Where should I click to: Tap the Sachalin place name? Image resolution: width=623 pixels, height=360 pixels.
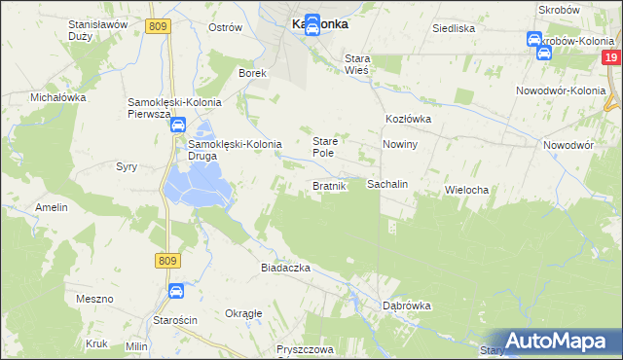pyautogui.click(x=386, y=184)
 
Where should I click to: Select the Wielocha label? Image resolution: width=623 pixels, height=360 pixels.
pyautogui.click(x=465, y=190)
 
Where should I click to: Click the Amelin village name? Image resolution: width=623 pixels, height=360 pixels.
pyautogui.click(x=52, y=207)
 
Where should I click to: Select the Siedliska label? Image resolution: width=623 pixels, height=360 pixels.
pyautogui.click(x=455, y=28)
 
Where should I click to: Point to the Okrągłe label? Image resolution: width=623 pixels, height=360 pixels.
pyautogui.click(x=243, y=313)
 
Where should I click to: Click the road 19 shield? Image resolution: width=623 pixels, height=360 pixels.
pyautogui.click(x=611, y=59)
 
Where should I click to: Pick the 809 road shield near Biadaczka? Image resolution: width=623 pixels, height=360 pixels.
pyautogui.click(x=167, y=260)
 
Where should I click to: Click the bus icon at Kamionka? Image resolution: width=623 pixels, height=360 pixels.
pyautogui.click(x=312, y=24)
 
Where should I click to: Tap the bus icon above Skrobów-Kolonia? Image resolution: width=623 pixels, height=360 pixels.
pyautogui.click(x=533, y=40)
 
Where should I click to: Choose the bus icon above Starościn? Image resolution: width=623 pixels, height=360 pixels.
pyautogui.click(x=176, y=290)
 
